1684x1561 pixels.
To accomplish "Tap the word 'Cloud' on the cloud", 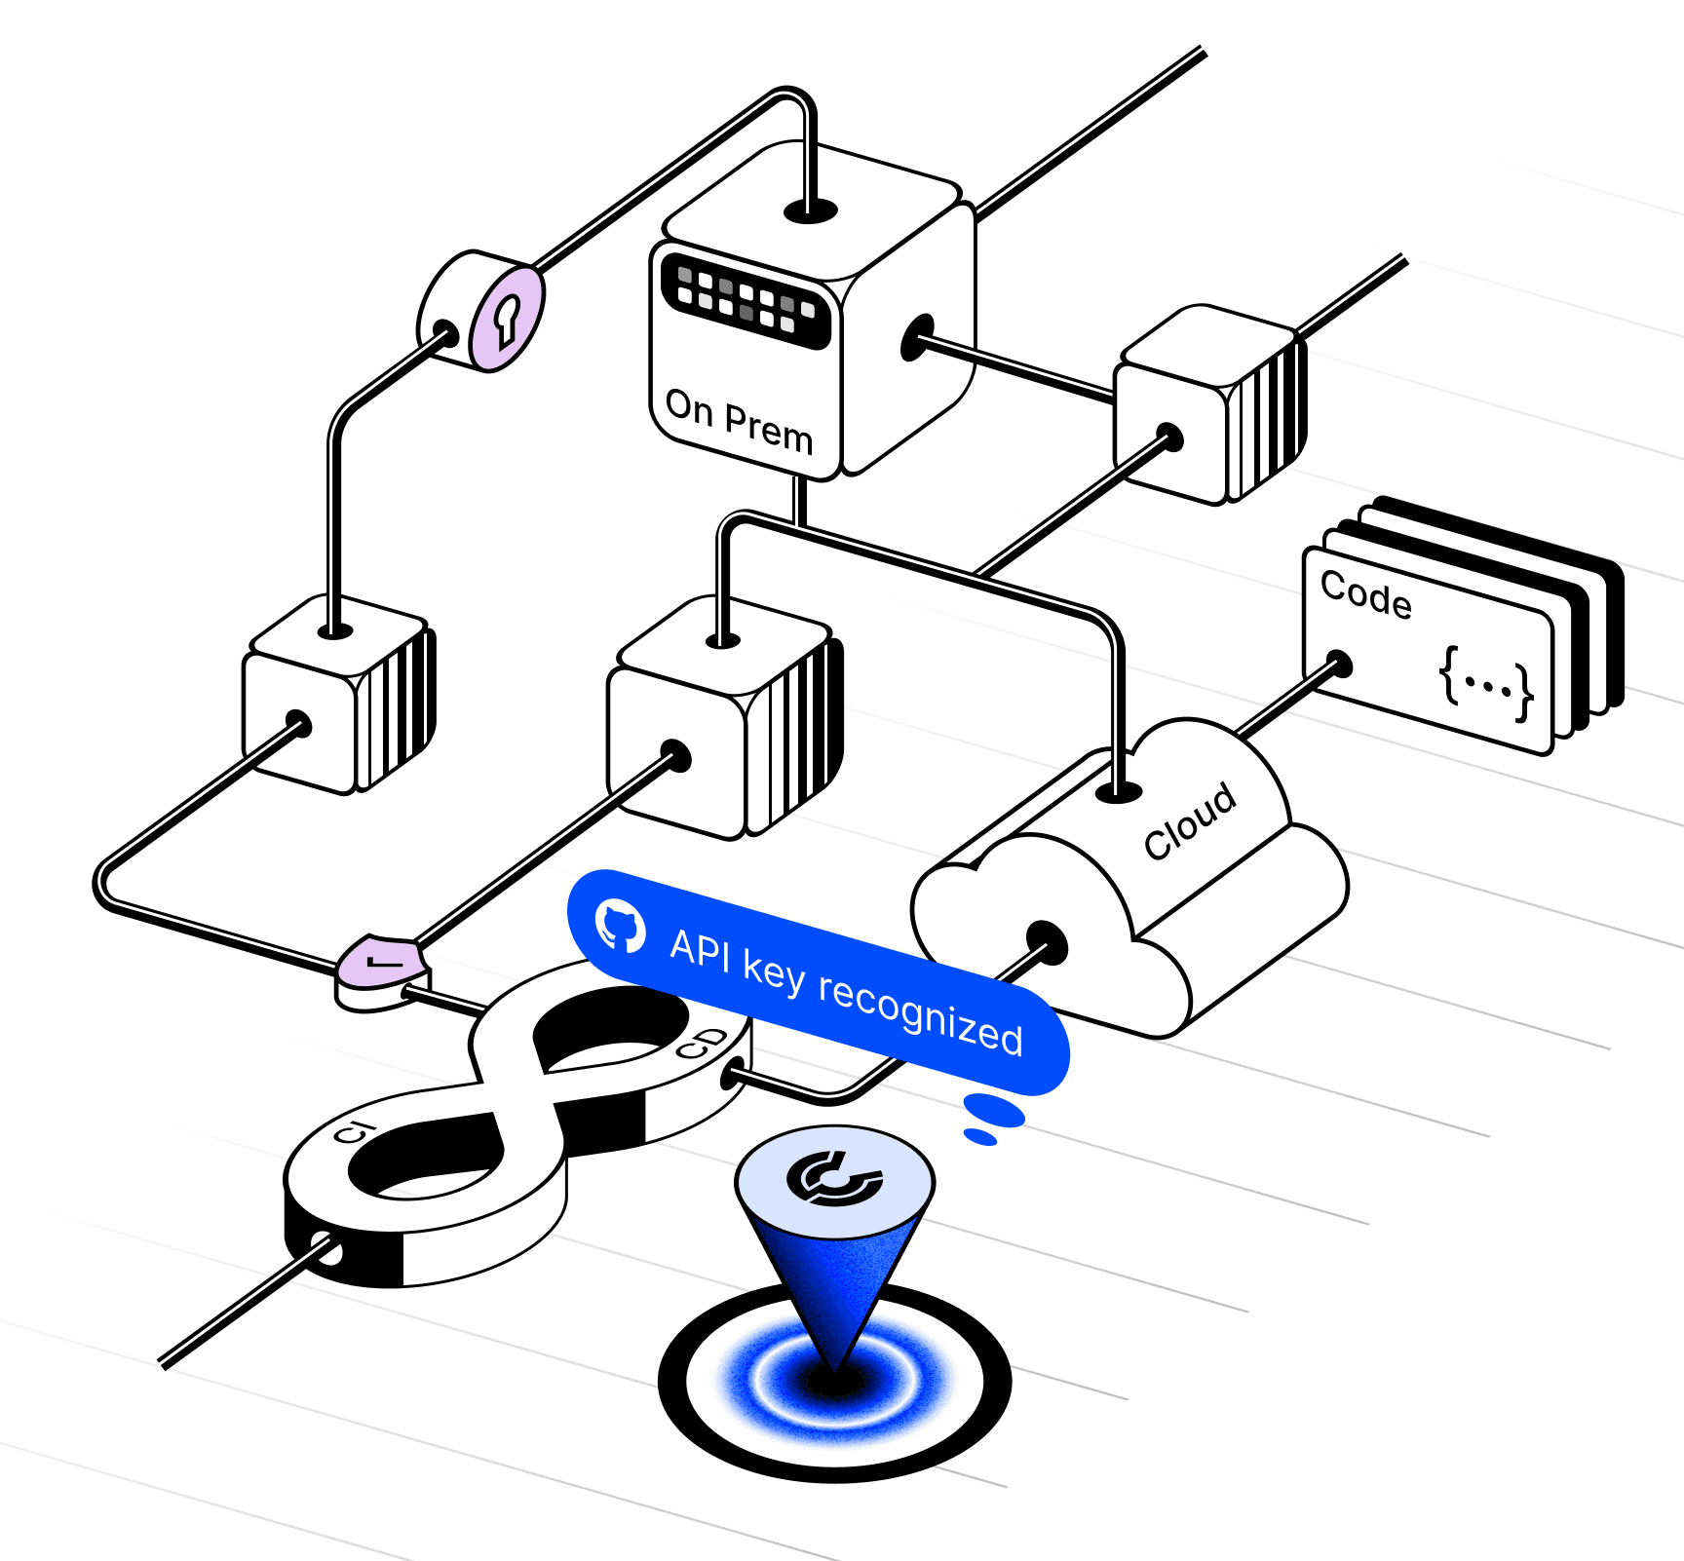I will (x=1190, y=821).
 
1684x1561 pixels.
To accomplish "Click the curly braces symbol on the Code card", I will (x=1486, y=682).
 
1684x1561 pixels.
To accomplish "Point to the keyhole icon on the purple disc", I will (x=507, y=319).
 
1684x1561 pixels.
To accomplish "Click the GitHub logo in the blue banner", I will (x=621, y=925).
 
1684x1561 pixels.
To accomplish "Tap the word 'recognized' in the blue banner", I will (x=920, y=1013).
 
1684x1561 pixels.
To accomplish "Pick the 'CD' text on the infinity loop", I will (x=702, y=1044).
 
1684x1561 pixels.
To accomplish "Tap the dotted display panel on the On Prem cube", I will (x=746, y=299).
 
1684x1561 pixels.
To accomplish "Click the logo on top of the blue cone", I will (x=834, y=1178).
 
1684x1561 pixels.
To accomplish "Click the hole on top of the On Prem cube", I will (x=811, y=210).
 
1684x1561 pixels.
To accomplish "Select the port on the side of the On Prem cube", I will (x=917, y=337).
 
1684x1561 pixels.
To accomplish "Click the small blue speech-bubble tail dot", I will (x=979, y=1136).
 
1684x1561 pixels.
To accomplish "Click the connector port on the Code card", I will (x=1340, y=665).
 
